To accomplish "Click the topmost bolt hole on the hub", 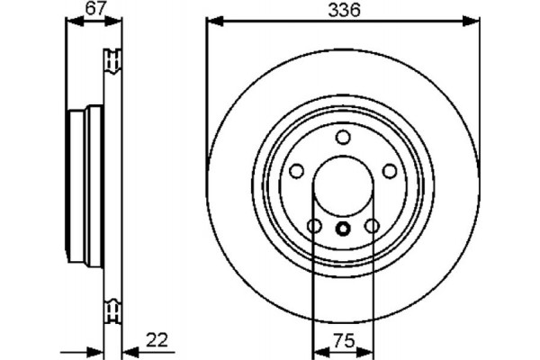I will point(343,137).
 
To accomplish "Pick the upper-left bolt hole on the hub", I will point(296,171).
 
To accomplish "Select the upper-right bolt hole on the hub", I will point(390,171).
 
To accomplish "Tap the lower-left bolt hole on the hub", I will point(314,226).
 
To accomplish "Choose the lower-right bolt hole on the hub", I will point(372,226).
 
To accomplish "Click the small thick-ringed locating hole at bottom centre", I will point(343,229).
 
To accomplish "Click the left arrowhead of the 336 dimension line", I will point(212,20).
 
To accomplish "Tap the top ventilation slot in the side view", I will point(113,62).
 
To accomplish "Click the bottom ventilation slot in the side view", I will point(113,310).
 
